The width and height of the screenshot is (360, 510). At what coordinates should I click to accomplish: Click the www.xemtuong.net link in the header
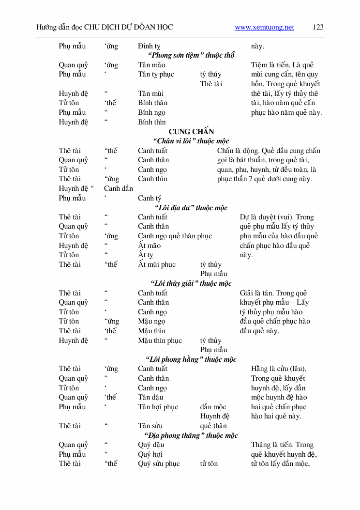(x=264, y=28)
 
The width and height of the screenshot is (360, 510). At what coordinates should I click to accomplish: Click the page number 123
(x=318, y=28)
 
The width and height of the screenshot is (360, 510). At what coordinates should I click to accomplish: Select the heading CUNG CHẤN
(x=191, y=132)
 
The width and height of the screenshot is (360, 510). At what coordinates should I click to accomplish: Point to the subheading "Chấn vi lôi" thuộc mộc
(x=191, y=141)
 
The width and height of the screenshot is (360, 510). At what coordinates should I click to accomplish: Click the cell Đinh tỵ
(x=149, y=46)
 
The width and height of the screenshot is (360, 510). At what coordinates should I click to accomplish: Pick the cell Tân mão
(x=151, y=65)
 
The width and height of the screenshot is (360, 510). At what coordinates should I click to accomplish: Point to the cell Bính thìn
(x=151, y=122)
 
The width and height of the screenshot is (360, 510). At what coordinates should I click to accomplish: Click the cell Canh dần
(x=119, y=188)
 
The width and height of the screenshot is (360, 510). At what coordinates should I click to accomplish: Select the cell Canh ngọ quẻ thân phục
(x=175, y=236)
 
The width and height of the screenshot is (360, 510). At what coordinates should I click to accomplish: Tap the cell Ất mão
(x=149, y=246)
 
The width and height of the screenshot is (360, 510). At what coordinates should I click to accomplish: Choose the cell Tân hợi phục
(x=158, y=407)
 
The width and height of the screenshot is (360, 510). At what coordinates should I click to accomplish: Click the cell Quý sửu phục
(x=159, y=464)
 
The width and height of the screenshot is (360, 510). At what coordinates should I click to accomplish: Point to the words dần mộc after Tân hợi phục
(x=213, y=407)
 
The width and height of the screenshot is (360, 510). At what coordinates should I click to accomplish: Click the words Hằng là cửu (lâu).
(x=278, y=369)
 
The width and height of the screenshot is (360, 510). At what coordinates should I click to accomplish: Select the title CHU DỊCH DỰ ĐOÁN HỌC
(x=128, y=28)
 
